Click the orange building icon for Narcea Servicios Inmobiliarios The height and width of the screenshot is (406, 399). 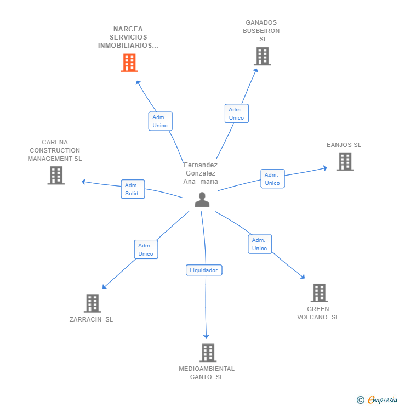tap(129, 63)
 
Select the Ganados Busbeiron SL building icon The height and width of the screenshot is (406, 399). tap(262, 56)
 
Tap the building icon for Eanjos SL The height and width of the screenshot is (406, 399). tap(345, 162)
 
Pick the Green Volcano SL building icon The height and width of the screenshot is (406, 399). tap(319, 293)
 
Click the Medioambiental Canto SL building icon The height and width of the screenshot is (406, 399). tap(207, 353)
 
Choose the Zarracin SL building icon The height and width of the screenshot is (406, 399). tap(92, 303)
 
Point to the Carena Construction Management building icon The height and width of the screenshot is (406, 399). tap(56, 175)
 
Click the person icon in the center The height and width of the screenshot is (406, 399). tap(202, 200)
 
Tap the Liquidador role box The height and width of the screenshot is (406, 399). tap(204, 270)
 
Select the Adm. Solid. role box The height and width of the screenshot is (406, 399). tap(133, 189)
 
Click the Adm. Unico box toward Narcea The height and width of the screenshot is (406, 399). tap(160, 121)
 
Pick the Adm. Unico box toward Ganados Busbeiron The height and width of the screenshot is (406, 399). tap(236, 114)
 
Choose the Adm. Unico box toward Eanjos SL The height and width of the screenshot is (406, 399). tap(272, 179)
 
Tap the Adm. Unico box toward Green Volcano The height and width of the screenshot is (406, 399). tap(259, 244)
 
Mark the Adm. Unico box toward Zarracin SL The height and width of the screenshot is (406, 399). tap(146, 250)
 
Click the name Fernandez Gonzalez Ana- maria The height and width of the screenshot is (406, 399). tap(201, 173)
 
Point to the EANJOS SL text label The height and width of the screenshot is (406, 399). tap(344, 145)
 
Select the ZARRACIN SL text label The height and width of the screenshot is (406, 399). tap(91, 319)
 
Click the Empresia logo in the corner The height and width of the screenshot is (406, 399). tap(378, 400)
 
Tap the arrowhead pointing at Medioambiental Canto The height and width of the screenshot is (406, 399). tap(207, 336)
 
